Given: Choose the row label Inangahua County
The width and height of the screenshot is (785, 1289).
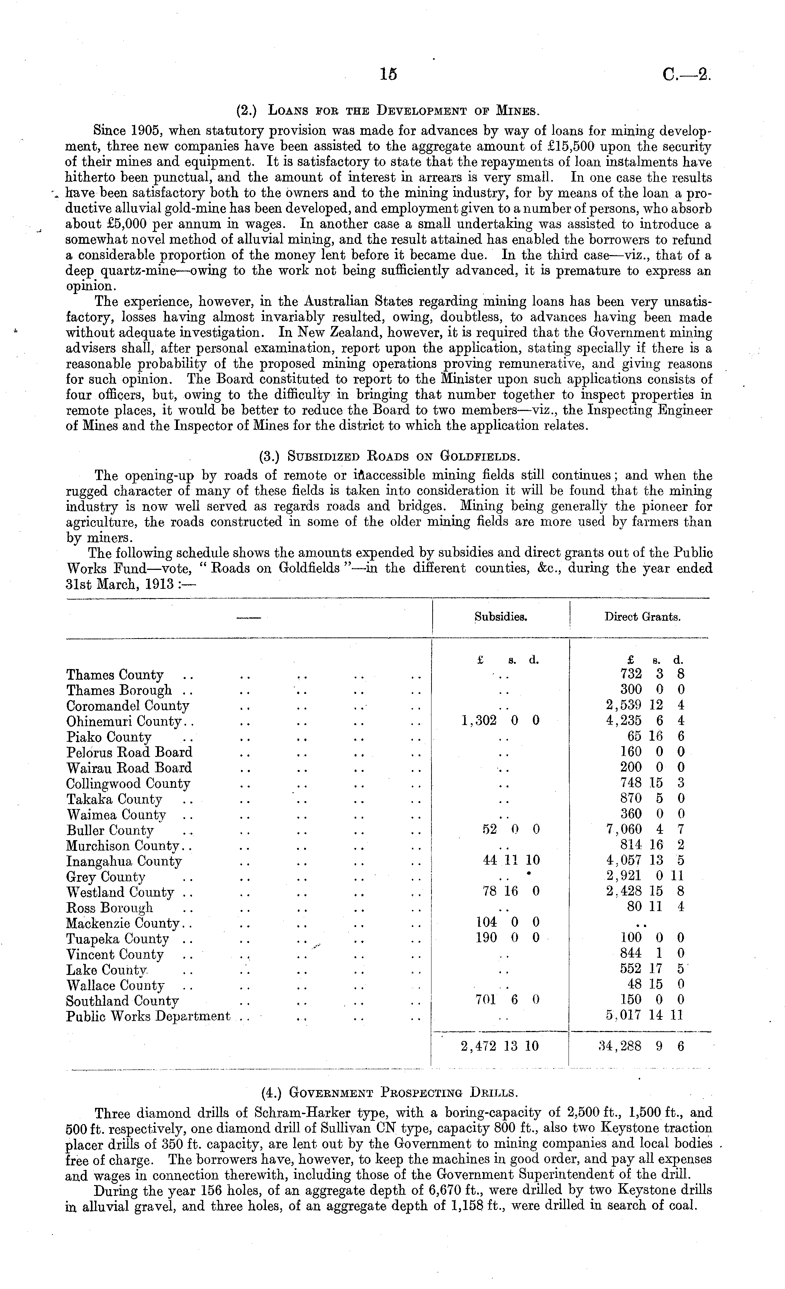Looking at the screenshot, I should [124, 861].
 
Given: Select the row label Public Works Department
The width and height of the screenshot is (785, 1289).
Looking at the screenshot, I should [148, 1016].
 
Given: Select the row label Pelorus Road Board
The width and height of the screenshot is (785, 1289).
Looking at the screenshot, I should [129, 752].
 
